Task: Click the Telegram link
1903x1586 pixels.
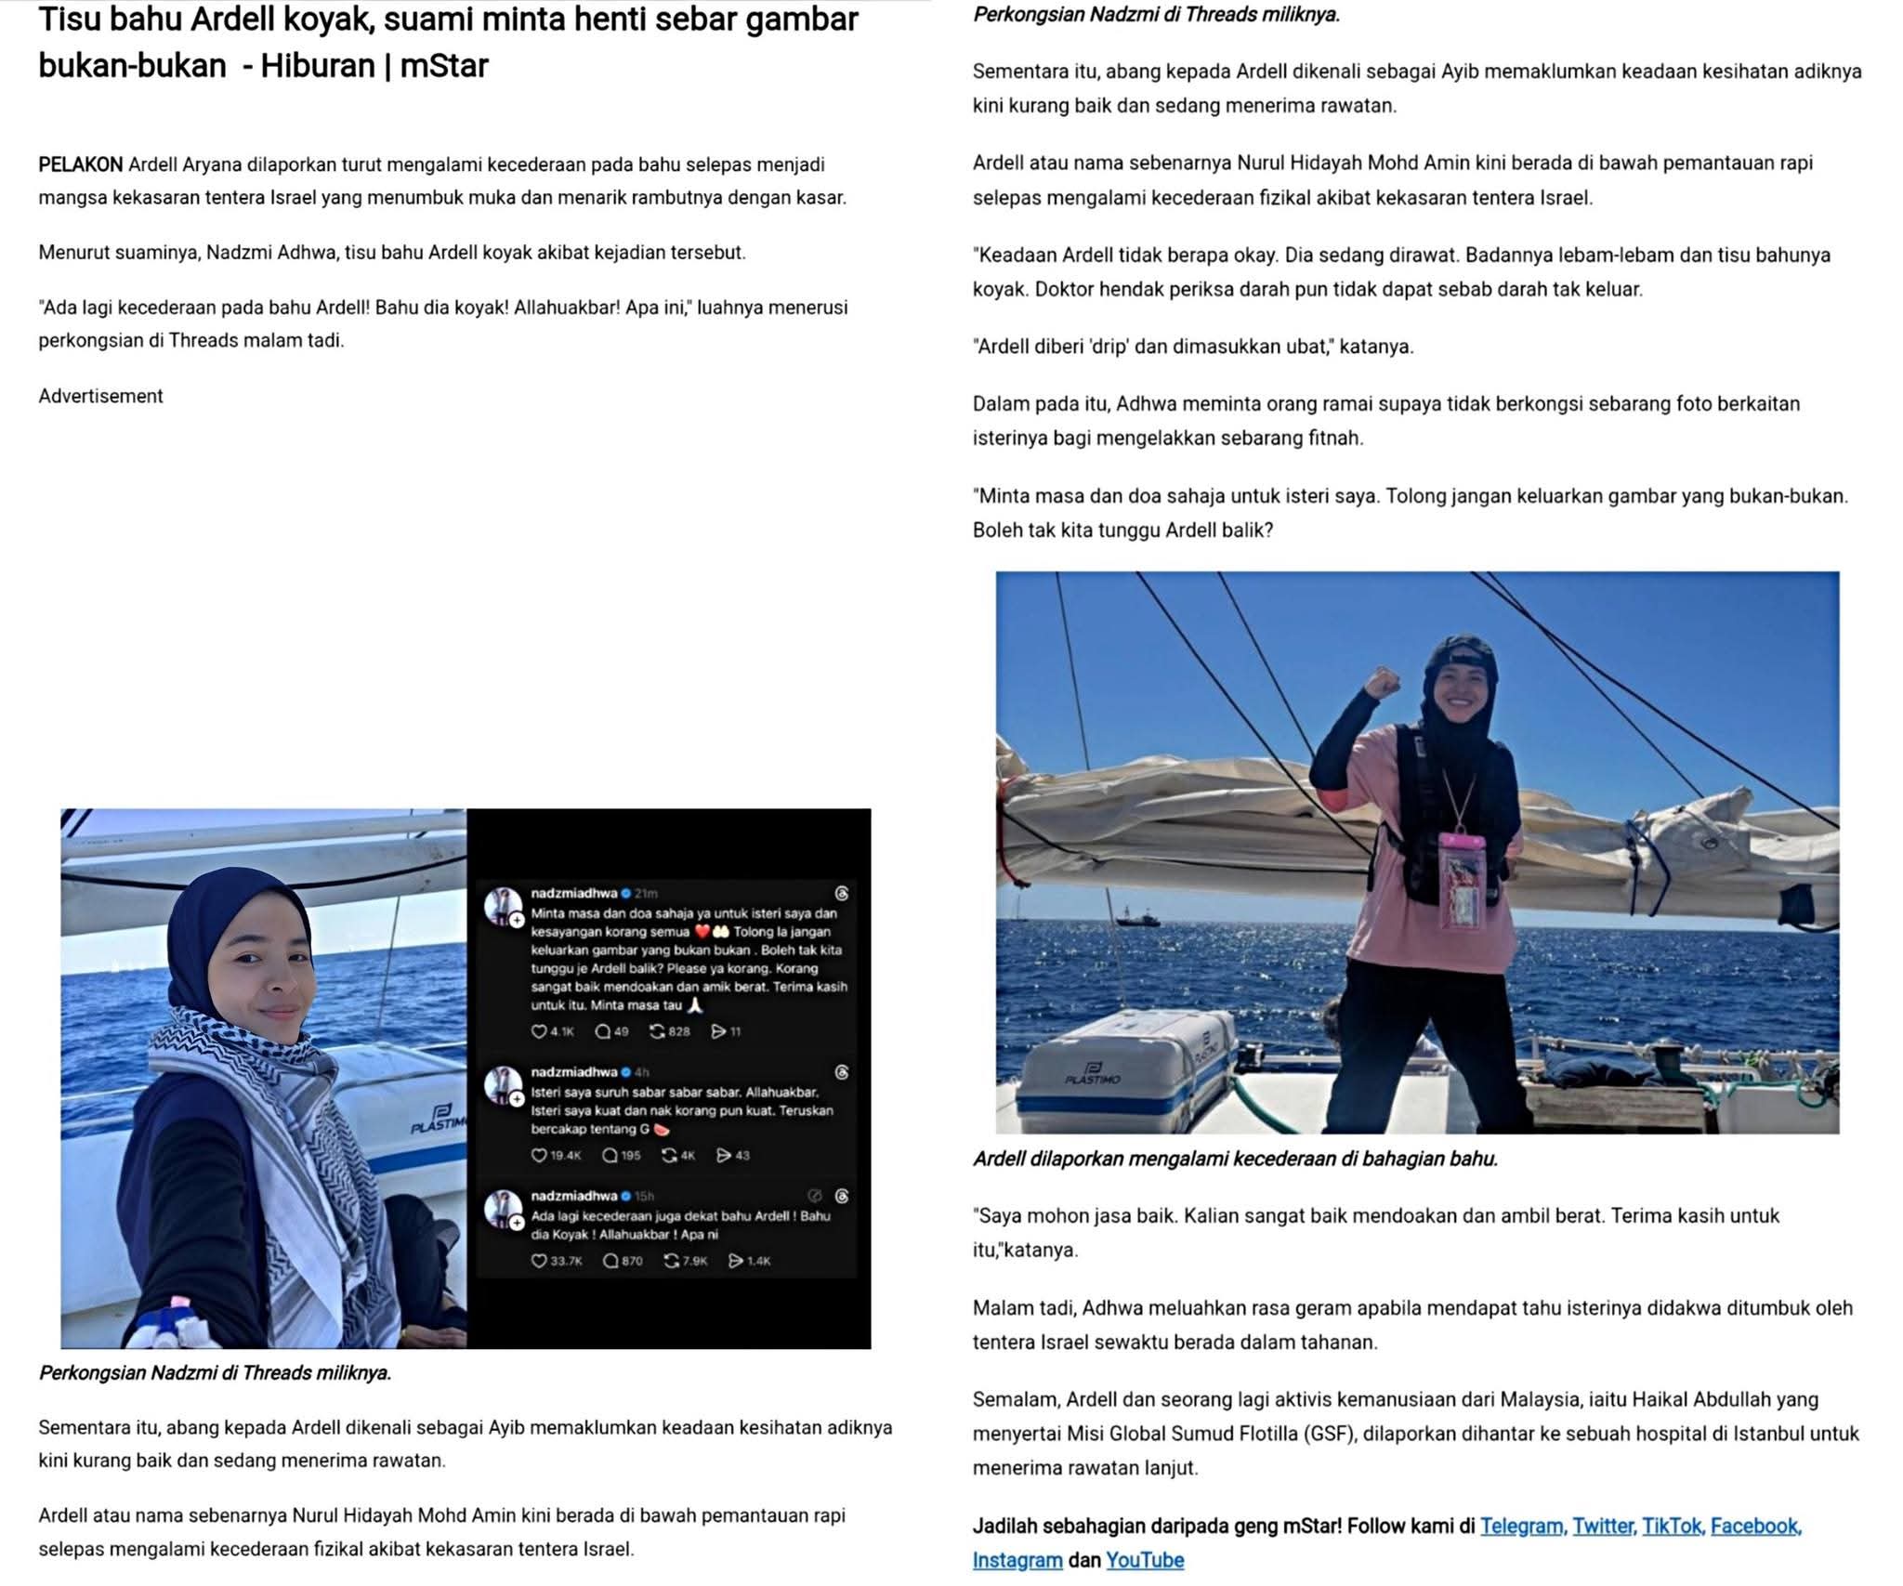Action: click(x=1520, y=1526)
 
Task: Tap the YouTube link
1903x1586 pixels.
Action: click(x=1144, y=1560)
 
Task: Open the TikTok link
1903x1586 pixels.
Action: click(x=1671, y=1526)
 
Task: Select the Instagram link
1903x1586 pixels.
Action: click(x=1017, y=1560)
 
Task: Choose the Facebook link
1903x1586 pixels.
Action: click(x=1755, y=1526)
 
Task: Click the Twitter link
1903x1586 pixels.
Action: click(x=1602, y=1526)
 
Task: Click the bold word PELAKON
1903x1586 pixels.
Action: click(x=80, y=164)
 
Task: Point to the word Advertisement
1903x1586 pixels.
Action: click(x=100, y=396)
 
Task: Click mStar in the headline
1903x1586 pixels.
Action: click(x=443, y=65)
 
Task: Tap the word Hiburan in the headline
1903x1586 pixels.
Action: click(x=316, y=65)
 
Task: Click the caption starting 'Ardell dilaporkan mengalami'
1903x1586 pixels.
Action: click(x=1235, y=1159)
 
